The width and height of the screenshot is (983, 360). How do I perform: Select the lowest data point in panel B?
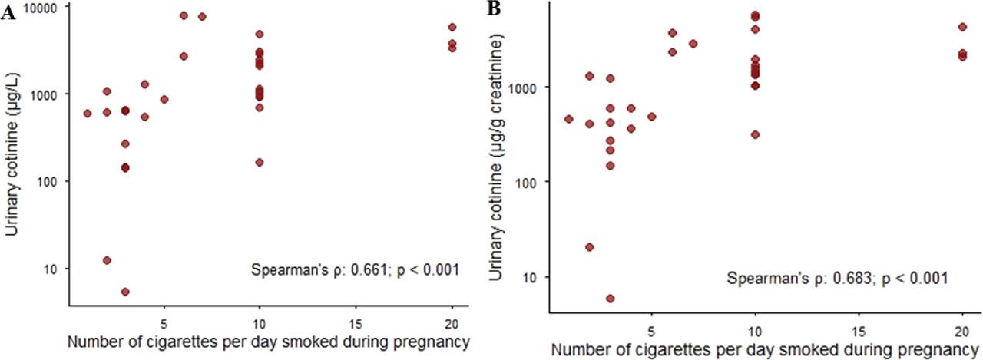[x=611, y=299]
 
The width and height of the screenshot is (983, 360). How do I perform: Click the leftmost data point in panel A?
[x=88, y=114]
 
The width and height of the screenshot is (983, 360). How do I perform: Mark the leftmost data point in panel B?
[x=569, y=119]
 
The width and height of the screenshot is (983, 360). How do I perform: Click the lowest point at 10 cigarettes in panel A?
[x=260, y=163]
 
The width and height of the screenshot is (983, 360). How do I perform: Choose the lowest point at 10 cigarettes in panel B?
[x=756, y=134]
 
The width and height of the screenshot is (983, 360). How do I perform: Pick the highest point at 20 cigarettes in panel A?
[x=452, y=28]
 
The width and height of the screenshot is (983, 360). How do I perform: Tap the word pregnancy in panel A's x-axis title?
[x=438, y=341]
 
